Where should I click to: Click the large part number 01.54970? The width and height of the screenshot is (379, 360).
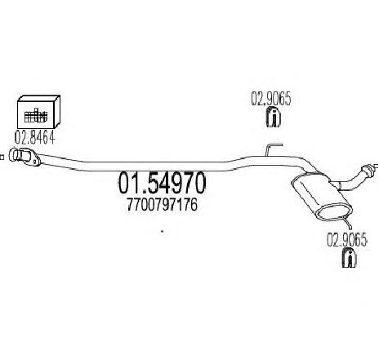click(162, 183)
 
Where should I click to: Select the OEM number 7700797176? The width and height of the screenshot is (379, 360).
click(162, 205)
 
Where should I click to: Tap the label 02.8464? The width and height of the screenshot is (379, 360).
click(35, 138)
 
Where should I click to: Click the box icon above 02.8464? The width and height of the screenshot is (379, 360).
click(38, 112)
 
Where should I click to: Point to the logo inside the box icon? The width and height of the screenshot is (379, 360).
click(36, 115)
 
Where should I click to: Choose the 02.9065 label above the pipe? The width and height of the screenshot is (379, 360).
click(271, 99)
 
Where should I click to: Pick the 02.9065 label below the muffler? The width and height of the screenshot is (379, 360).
click(347, 240)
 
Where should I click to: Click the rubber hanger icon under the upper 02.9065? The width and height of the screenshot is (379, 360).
click(273, 117)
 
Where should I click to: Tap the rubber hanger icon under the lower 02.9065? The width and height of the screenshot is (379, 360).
click(350, 257)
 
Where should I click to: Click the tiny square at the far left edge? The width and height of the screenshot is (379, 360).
click(2, 157)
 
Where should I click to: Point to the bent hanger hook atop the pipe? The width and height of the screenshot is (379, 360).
click(274, 149)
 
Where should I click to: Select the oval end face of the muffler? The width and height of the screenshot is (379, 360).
click(335, 211)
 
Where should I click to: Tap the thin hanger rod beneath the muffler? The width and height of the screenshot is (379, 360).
click(347, 223)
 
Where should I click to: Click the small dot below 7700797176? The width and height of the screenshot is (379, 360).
click(163, 232)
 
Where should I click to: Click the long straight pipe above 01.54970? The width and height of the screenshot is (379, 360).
click(136, 167)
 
